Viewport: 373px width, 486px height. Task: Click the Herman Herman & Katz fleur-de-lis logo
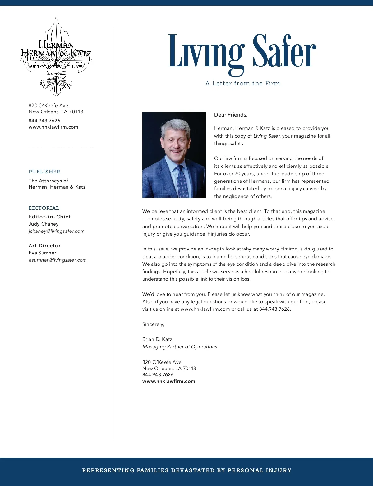(56, 56)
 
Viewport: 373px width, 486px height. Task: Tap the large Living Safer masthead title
(242, 52)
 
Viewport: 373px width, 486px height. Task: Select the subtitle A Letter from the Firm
(243, 83)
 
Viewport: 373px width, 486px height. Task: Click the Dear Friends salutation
(231, 115)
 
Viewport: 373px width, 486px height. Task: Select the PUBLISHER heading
(44, 172)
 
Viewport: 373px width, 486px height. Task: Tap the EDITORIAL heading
(44, 208)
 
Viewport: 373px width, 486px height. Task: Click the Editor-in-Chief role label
(50, 217)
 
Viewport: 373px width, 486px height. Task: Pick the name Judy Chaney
(44, 224)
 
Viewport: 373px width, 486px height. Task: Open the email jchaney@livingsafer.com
(57, 231)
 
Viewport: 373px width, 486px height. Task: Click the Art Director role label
(44, 245)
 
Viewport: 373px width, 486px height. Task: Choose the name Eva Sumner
(42, 253)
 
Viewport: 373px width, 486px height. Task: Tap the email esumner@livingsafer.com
(58, 260)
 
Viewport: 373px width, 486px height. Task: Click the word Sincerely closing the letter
(153, 324)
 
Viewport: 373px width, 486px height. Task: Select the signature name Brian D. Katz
(157, 339)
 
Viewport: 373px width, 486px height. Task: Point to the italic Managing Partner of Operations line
(180, 346)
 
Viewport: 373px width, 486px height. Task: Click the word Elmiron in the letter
(289, 249)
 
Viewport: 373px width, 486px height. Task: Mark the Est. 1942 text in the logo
(56, 73)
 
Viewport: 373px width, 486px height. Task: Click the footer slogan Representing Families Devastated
(186, 470)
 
